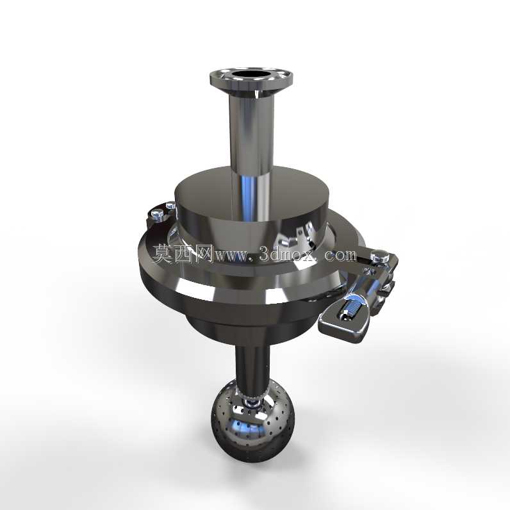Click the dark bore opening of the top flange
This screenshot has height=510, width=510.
(x=251, y=74)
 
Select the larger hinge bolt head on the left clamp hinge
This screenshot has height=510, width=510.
(x=158, y=215)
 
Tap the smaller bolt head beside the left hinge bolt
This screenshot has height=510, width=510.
(x=170, y=206)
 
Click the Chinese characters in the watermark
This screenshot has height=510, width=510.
(x=183, y=254)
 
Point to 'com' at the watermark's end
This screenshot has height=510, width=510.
(x=341, y=255)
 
